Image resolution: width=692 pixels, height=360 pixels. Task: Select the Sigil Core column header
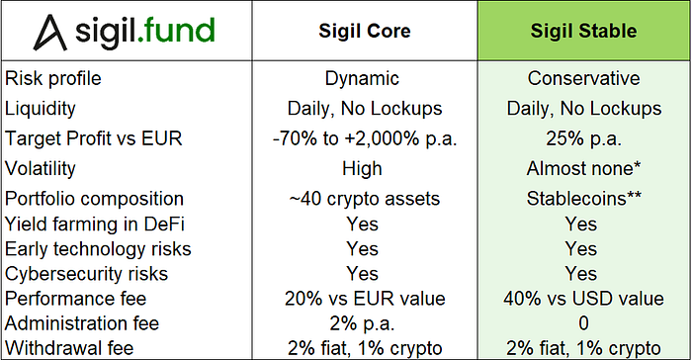(x=363, y=33)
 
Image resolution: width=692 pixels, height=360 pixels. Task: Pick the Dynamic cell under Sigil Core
(x=363, y=78)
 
